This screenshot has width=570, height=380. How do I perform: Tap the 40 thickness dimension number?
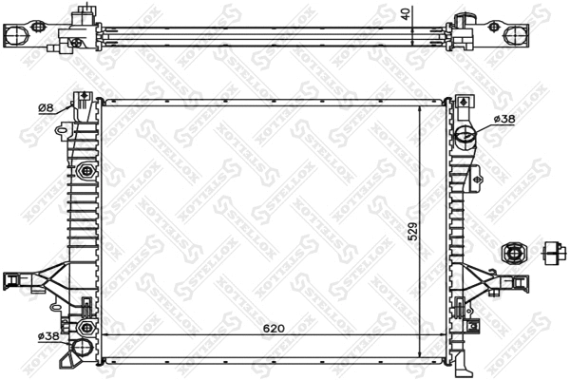(405, 13)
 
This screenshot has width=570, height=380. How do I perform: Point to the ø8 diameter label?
(44, 108)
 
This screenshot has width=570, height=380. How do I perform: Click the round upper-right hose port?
(465, 140)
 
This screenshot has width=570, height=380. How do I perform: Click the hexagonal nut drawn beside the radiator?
(511, 252)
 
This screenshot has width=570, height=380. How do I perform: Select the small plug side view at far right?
(555, 252)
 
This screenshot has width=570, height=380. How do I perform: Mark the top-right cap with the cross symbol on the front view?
(462, 101)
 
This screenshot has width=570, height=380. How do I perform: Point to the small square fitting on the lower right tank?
(463, 306)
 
